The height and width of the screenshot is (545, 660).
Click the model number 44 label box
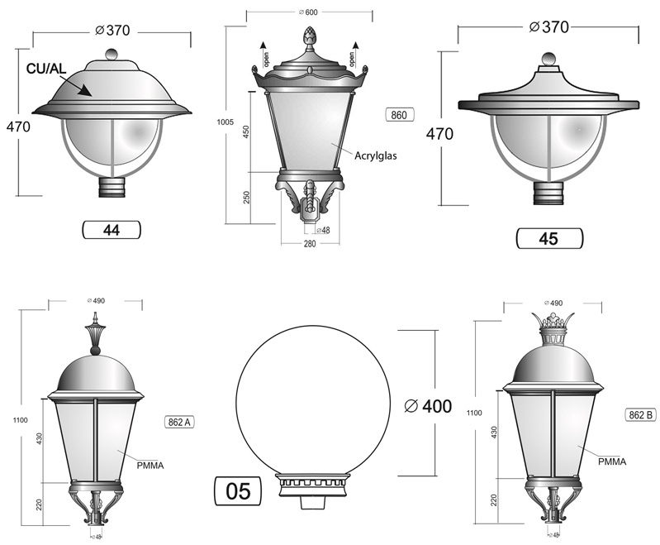pyautogui.click(x=112, y=230)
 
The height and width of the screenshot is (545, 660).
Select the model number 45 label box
pyautogui.click(x=549, y=238)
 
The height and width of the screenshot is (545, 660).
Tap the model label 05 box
pyautogui.click(x=238, y=490)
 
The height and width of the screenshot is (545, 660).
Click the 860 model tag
pyautogui.click(x=399, y=115)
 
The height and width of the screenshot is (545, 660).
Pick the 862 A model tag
pyautogui.click(x=179, y=422)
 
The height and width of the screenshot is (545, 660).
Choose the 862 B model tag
pyautogui.click(x=640, y=415)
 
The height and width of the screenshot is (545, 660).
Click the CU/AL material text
pyautogui.click(x=46, y=69)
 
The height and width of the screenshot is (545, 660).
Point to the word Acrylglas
pyautogui.click(x=376, y=156)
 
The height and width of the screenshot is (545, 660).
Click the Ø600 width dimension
pyautogui.click(x=308, y=12)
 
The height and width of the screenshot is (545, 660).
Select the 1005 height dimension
pyautogui.click(x=225, y=122)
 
